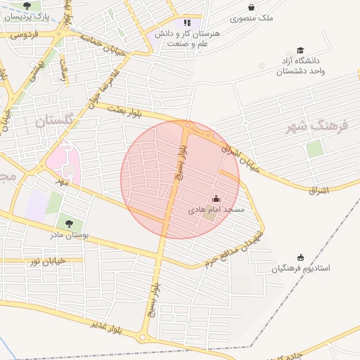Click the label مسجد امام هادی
tap(216, 210)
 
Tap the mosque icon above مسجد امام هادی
tap(216, 199)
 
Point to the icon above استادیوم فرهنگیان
tap(301, 257)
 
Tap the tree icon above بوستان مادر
tap(69, 224)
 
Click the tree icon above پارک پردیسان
tap(27, 6)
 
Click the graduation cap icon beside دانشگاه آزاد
tap(301, 51)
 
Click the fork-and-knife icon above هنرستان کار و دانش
tap(187, 22)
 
